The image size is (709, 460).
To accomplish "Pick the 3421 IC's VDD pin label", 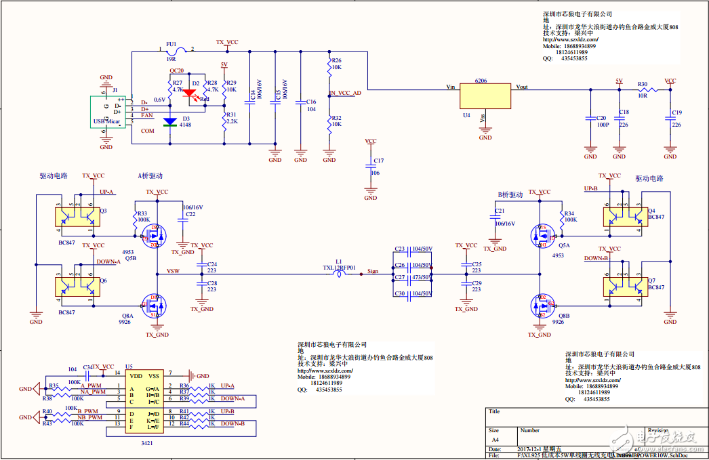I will [x=136, y=375].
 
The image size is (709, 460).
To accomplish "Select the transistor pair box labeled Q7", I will [x=624, y=285].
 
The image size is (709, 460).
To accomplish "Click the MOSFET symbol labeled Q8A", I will [x=153, y=306].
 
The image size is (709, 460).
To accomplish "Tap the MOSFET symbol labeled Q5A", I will [x=542, y=235].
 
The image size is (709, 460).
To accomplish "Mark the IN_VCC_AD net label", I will [x=345, y=93].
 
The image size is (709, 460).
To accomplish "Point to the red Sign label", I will [x=373, y=271].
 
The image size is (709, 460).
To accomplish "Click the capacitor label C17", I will [x=378, y=161].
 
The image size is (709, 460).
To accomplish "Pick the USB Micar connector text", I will [x=107, y=123].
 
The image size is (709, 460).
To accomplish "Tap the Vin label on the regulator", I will [x=450, y=87].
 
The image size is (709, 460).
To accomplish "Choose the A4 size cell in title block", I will [x=494, y=440].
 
